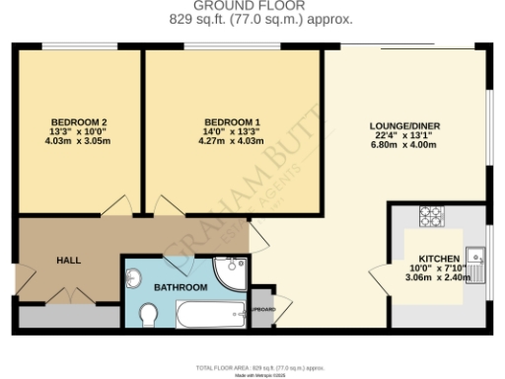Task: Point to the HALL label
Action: pyautogui.click(x=68, y=261)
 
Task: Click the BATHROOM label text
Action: pyautogui.click(x=180, y=287)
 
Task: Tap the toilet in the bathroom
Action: pyautogui.click(x=149, y=314)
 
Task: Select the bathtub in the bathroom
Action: pyautogui.click(x=210, y=316)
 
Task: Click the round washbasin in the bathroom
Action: pyautogui.click(x=136, y=277)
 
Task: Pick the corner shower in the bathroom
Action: pyautogui.click(x=231, y=271)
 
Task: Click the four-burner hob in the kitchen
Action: pyautogui.click(x=431, y=213)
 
